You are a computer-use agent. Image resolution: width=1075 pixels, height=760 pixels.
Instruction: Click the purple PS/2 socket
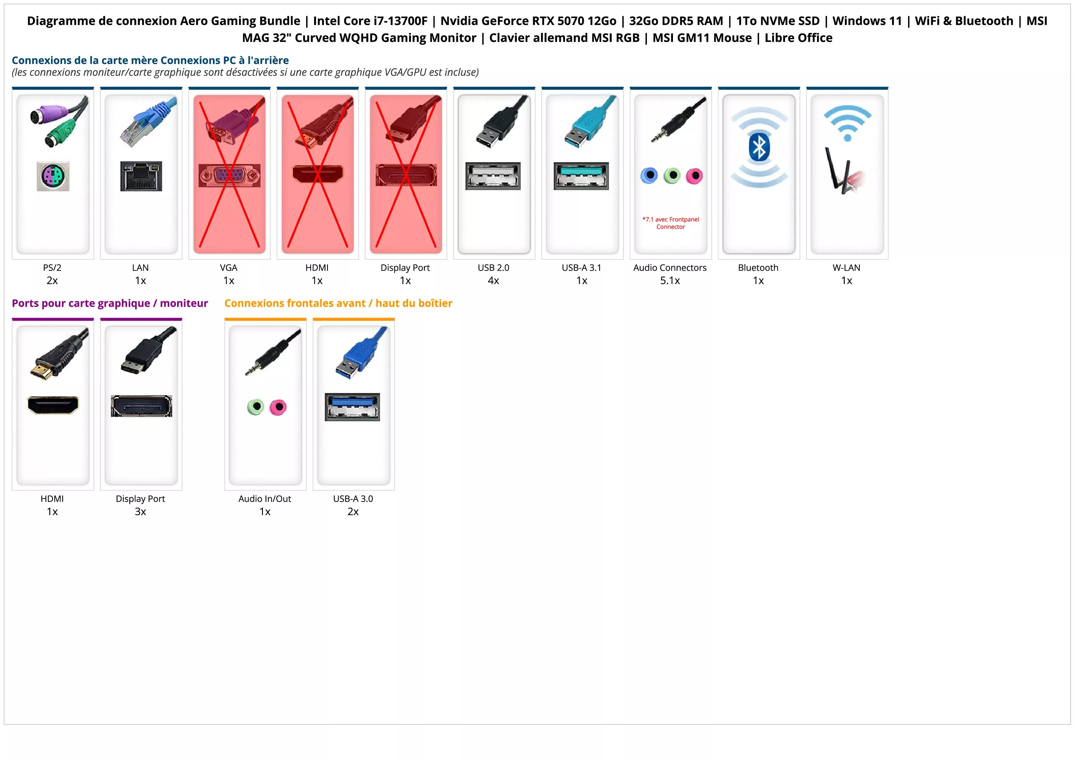53,176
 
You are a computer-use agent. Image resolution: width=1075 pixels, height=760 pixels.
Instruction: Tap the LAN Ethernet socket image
141,176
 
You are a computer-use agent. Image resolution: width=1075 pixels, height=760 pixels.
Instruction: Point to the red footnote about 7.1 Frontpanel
670,223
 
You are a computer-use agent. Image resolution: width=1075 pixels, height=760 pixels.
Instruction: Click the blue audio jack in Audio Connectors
649,176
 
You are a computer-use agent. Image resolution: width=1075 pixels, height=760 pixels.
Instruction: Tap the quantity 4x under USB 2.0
493,281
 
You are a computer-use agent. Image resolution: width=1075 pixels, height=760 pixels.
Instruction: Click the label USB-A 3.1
582,268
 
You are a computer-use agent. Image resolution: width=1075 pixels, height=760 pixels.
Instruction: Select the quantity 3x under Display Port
140,512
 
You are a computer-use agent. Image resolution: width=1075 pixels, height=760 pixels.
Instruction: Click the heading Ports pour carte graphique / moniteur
110,304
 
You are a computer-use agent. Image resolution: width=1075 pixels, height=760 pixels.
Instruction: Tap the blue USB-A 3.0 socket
352,407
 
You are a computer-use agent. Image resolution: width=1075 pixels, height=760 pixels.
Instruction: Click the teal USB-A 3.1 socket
582,176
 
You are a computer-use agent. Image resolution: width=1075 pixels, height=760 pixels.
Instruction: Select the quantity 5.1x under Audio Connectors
670,281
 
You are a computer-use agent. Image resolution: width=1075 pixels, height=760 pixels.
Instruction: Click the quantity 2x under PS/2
52,281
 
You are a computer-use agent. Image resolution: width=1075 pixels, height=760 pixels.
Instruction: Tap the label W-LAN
846,268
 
